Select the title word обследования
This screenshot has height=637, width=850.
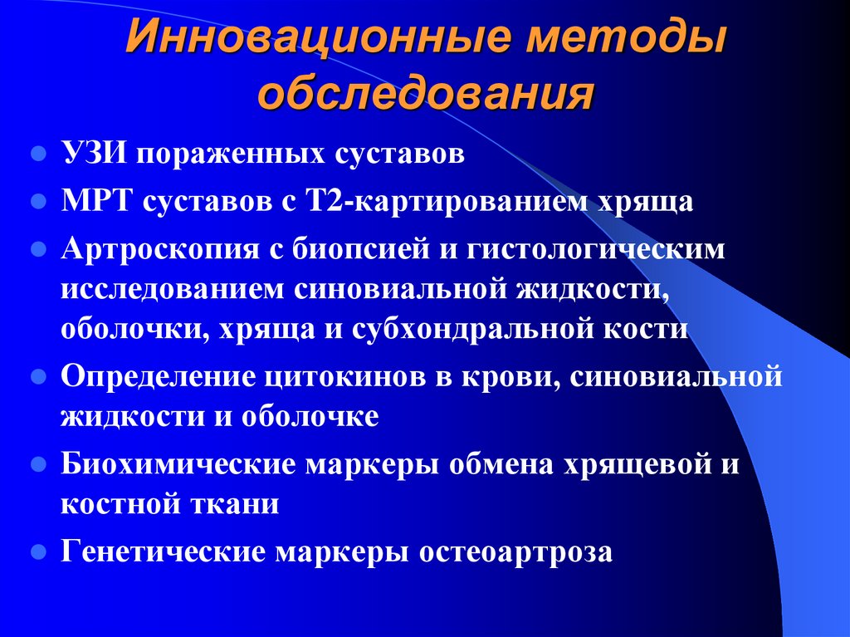pyautogui.click(x=425, y=92)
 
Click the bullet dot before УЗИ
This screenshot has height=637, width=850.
pyautogui.click(x=37, y=155)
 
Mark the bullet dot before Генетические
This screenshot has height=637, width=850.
pyautogui.click(x=37, y=551)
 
